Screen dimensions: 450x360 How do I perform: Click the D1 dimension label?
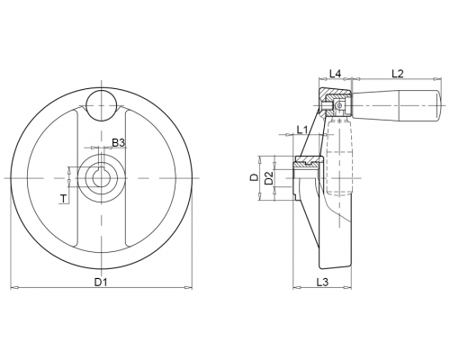click(x=101, y=282)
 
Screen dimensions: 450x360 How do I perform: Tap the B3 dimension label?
click(x=118, y=143)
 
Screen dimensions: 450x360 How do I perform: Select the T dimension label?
click(x=63, y=199)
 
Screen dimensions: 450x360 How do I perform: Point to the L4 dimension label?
click(x=336, y=74)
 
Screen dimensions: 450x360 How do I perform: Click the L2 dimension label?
click(x=398, y=74)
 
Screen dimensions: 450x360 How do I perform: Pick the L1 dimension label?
click(x=302, y=130)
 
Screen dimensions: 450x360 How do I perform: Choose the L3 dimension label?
click(x=322, y=282)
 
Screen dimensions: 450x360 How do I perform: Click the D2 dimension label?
click(x=269, y=178)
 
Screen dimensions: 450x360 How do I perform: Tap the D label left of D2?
click(x=254, y=177)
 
